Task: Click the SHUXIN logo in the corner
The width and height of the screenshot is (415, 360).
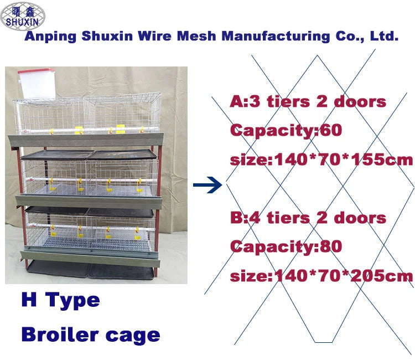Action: pos(23,16)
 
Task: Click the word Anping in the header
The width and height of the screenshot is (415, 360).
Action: pos(51,37)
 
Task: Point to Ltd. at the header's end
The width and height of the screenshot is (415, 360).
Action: pos(383,37)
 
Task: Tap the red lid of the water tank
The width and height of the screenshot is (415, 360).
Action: pos(35,72)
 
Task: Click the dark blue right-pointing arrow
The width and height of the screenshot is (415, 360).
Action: pos(207,186)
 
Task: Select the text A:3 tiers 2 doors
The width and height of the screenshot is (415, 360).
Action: pos(308,102)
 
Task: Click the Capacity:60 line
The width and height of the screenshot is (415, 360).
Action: pos(286,131)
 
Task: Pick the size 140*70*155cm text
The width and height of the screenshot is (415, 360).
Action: pos(321,161)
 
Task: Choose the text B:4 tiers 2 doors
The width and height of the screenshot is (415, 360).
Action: pos(308,217)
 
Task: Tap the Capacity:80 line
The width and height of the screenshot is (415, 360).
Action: pos(286,246)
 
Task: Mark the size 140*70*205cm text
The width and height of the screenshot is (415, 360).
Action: pos(321,276)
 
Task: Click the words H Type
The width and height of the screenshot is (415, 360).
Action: pos(61,301)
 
